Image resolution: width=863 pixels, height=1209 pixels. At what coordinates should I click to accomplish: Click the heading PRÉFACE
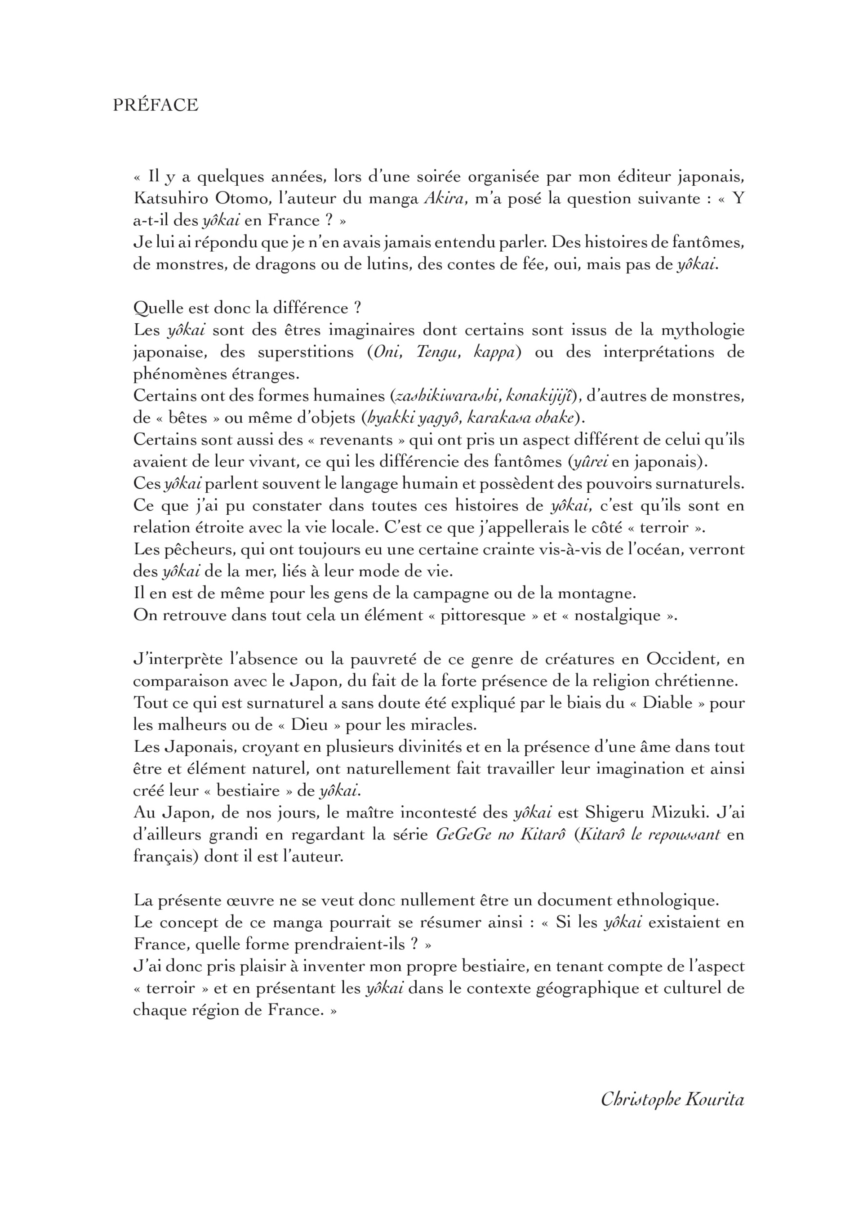click(x=155, y=105)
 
